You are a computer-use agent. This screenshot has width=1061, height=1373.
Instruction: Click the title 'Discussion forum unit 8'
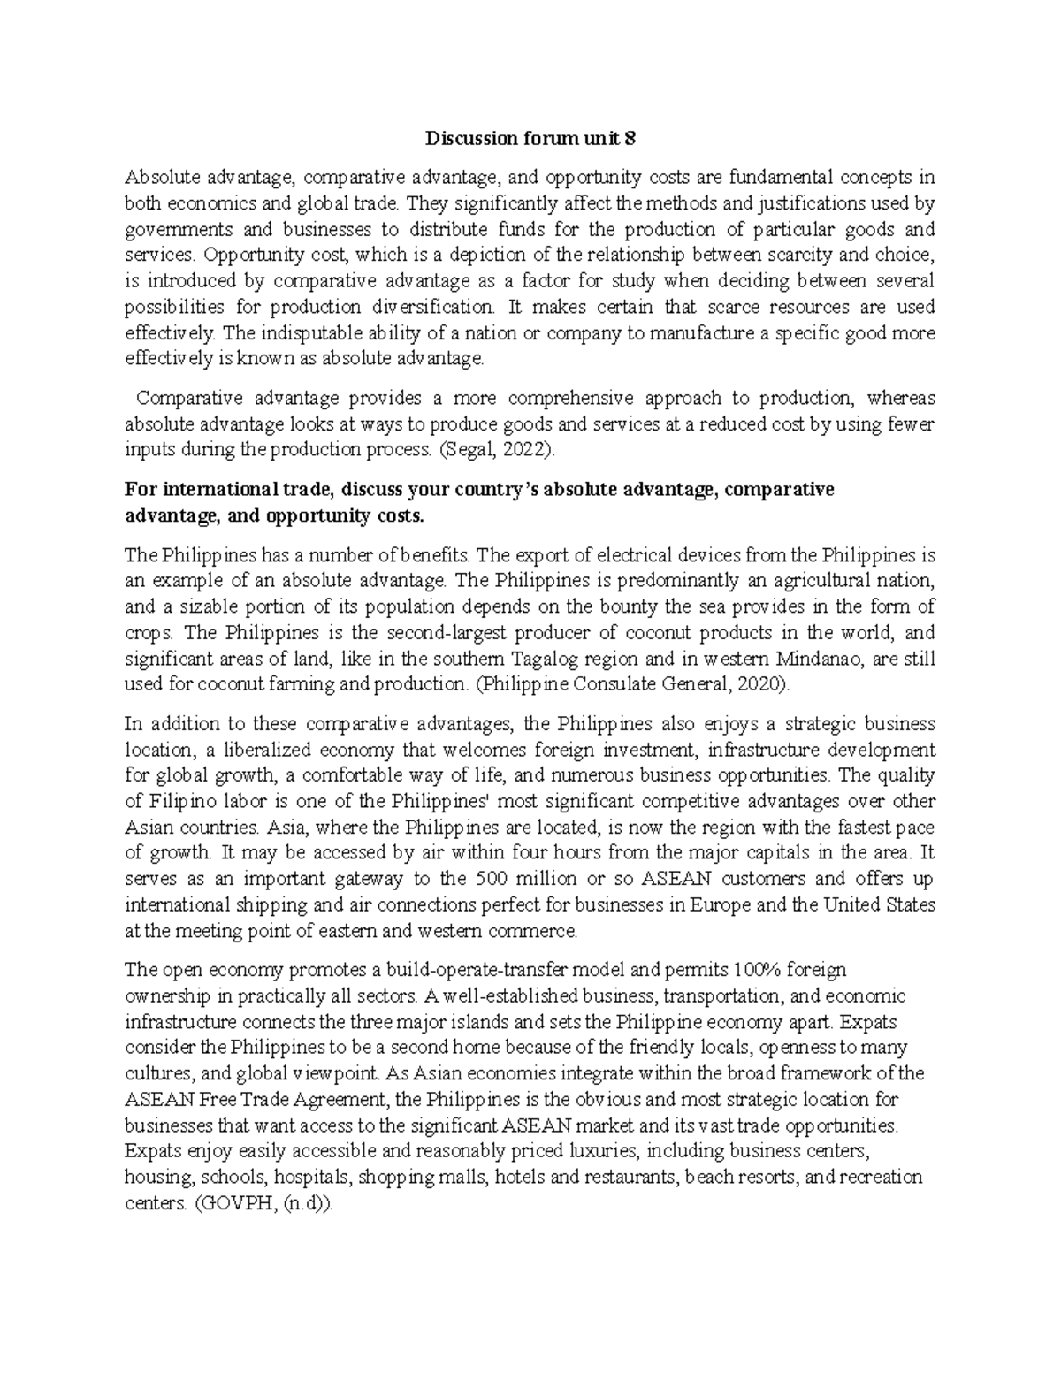pos(530,139)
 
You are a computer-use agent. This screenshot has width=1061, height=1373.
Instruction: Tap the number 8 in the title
pos(630,139)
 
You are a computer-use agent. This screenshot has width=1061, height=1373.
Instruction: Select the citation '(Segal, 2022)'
pos(498,450)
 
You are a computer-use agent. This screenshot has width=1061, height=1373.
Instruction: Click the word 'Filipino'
pos(182,802)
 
